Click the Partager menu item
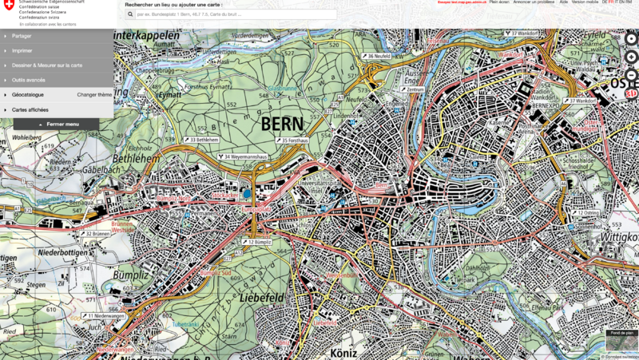(x=22, y=36)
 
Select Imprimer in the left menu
(x=22, y=50)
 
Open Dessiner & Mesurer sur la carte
(x=46, y=65)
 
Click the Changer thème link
(x=94, y=94)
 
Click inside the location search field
(x=232, y=14)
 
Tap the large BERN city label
(x=282, y=124)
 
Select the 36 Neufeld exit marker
(x=379, y=57)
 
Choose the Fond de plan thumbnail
(x=621, y=338)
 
